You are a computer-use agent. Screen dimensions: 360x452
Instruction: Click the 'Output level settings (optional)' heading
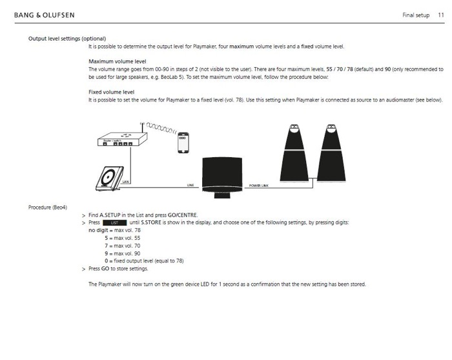67,39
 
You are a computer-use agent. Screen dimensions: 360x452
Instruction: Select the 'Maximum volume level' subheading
118,61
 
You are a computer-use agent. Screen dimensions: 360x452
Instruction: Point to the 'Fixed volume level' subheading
111,92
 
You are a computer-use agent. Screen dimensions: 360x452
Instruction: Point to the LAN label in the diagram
126,182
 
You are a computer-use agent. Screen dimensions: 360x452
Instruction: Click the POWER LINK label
260,185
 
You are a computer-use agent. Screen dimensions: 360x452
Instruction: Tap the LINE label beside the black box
190,185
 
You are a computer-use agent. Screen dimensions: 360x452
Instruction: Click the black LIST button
114,222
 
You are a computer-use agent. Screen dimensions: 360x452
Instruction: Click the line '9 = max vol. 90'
122,253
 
